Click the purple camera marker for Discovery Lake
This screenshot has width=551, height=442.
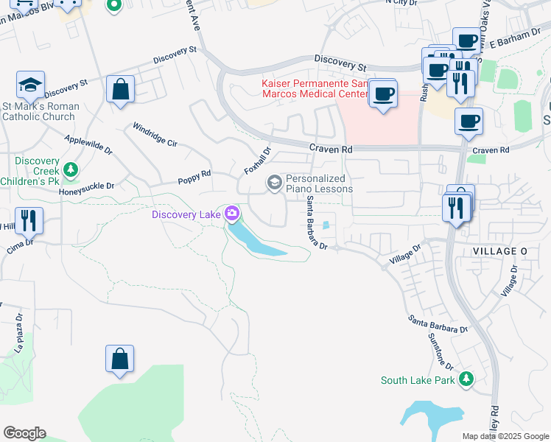click(x=233, y=214)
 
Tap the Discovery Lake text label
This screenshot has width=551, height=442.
click(x=186, y=214)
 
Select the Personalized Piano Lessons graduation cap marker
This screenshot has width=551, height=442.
click(x=275, y=182)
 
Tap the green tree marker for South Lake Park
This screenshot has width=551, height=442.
click(x=466, y=379)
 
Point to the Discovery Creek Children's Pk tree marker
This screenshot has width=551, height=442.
click(x=71, y=171)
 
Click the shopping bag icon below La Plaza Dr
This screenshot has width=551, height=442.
click(x=119, y=360)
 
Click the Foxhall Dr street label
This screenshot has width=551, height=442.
click(x=258, y=161)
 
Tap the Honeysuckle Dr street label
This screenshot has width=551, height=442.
click(x=87, y=186)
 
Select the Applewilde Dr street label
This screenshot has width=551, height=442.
click(x=88, y=144)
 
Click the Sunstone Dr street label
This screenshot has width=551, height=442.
click(x=441, y=351)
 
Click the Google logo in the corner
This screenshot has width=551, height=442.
click(x=24, y=433)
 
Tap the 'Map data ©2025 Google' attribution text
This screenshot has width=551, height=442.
click(x=505, y=436)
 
